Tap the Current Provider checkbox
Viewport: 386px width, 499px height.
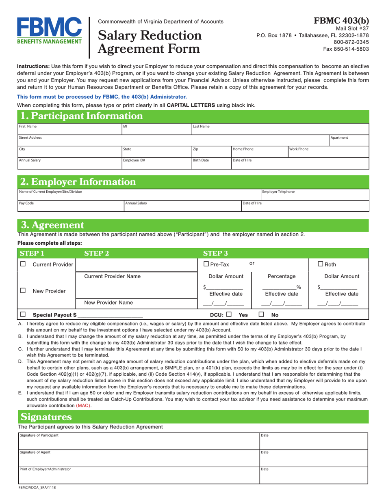coord(23,265)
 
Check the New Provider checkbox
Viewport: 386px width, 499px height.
coord(23,290)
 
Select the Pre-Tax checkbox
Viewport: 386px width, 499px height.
coord(206,265)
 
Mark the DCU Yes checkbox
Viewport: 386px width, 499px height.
coord(229,314)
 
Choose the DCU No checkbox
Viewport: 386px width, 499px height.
coord(261,314)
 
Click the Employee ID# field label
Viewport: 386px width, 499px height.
coord(134,160)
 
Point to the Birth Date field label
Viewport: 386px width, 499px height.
coord(201,160)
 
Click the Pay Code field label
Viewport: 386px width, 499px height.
coord(26,203)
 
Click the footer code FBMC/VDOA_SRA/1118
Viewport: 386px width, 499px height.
coord(37,488)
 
